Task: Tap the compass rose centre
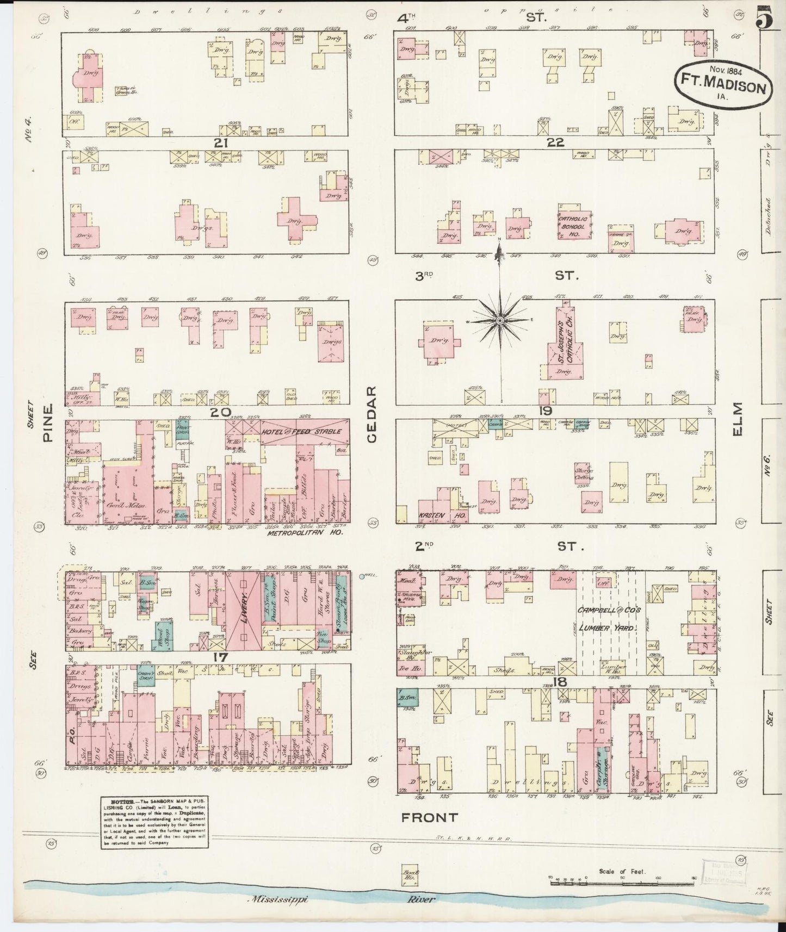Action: [x=499, y=321]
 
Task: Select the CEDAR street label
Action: [x=372, y=414]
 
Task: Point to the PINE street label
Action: [x=48, y=422]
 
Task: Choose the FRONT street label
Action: [x=430, y=817]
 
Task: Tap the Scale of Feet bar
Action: [x=595, y=883]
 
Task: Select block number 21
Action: [x=220, y=143]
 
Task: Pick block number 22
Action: [x=555, y=143]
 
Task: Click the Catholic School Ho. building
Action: [x=573, y=223]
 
